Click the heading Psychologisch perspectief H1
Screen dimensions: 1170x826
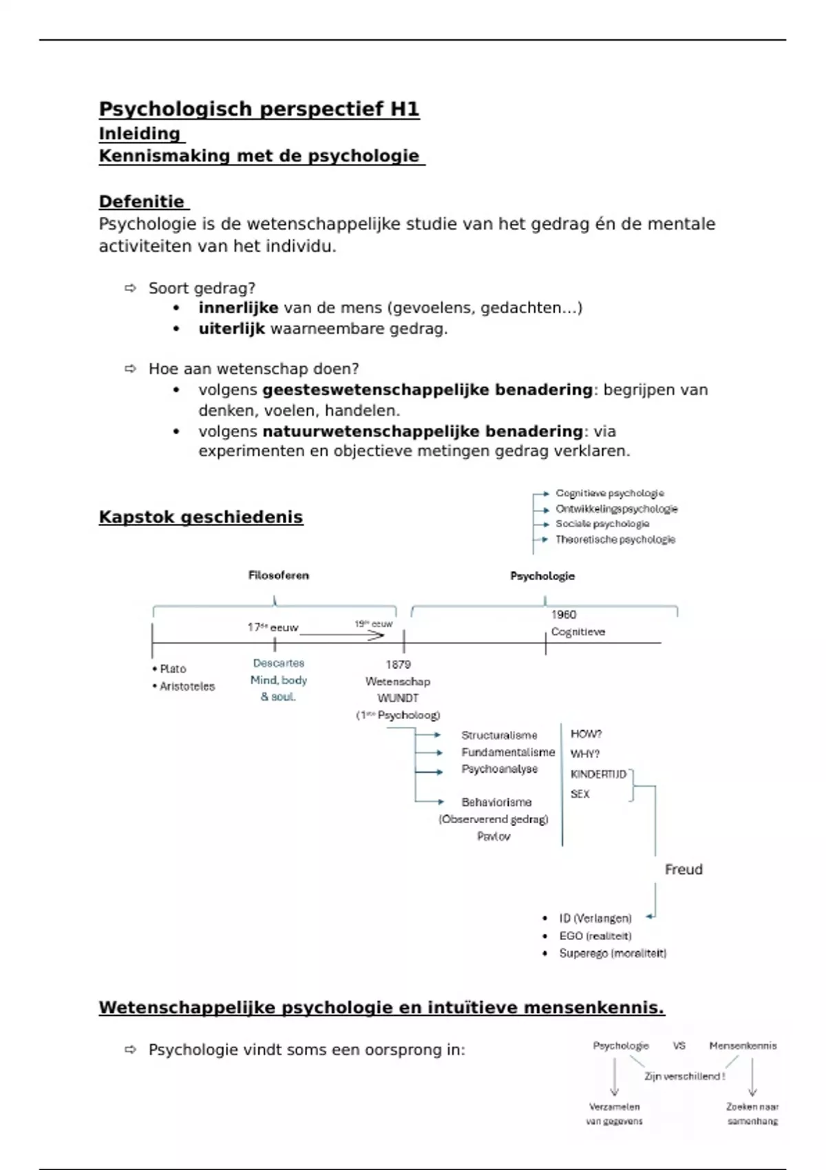[x=259, y=109]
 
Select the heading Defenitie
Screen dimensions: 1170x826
[x=142, y=202]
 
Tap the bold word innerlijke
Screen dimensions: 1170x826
[x=238, y=308]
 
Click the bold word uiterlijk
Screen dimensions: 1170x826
[x=231, y=329]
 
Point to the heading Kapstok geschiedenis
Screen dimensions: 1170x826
[x=200, y=517]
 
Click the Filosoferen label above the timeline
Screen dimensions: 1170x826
[x=278, y=575]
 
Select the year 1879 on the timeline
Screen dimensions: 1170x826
[x=398, y=664]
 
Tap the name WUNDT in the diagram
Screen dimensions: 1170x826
[x=398, y=698]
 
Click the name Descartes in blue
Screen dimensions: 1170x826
[x=278, y=663]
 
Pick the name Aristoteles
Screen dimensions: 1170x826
[x=187, y=686]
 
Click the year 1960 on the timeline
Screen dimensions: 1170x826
[x=563, y=615]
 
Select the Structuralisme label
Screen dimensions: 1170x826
[x=499, y=735]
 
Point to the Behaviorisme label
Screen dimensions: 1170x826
[x=496, y=802]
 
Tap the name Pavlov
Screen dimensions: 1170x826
[x=494, y=836]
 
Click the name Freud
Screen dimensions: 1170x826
[x=684, y=869]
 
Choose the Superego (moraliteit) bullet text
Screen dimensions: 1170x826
[x=613, y=953]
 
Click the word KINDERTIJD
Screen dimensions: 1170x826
[x=598, y=774]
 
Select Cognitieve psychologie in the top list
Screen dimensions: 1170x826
[x=610, y=493]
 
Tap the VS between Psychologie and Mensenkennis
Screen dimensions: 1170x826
[x=679, y=1045]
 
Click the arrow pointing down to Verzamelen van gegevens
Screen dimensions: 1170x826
[x=615, y=1077]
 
